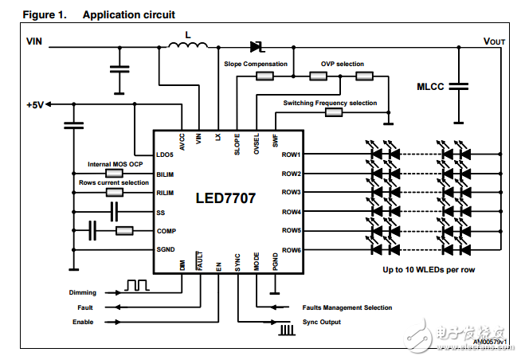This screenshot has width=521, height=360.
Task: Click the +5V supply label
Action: click(x=36, y=105)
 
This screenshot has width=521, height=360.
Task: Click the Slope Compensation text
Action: click(x=255, y=64)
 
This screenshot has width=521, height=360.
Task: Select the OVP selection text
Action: click(x=343, y=64)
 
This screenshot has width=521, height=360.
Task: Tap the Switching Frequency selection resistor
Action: click(x=334, y=113)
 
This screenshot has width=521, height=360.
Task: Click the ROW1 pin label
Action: click(x=291, y=154)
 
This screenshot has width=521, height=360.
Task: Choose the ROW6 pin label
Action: click(x=291, y=250)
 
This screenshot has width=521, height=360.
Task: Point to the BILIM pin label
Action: click(x=166, y=173)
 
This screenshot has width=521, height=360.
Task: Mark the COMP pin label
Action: click(x=166, y=231)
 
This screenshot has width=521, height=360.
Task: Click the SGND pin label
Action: click(x=166, y=250)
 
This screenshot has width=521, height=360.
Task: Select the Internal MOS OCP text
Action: click(x=115, y=164)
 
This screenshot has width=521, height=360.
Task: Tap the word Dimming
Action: click(x=83, y=292)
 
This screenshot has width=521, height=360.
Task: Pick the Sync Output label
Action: click(x=322, y=322)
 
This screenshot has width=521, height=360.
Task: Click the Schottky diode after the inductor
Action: click(x=257, y=46)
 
